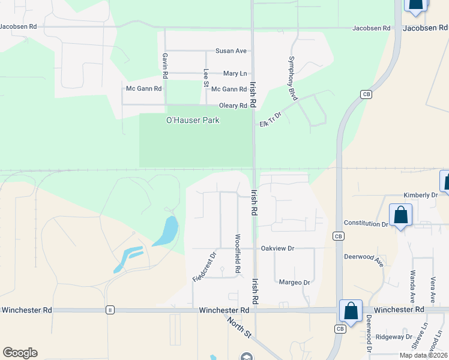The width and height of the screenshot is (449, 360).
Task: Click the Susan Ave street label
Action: tap(232, 51)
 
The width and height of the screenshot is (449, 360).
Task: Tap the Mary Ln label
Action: tap(235, 73)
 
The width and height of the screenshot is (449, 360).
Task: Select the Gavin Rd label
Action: tap(164, 65)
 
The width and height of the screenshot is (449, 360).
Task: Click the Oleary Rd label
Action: tap(233, 106)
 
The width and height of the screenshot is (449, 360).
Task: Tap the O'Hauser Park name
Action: tap(193, 120)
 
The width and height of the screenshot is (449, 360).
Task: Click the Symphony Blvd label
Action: tap(292, 78)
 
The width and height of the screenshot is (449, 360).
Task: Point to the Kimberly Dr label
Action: tap(421, 195)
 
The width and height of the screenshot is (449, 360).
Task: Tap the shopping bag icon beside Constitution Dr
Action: tap(400, 215)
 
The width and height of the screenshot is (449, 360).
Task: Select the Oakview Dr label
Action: tap(277, 248)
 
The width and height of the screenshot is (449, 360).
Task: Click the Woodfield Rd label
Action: tap(238, 253)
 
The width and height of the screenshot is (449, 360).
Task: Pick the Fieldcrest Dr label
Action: tap(204, 267)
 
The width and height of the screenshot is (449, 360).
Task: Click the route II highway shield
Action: tap(110, 310)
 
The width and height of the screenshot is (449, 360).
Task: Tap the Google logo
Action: tap(20, 353)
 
